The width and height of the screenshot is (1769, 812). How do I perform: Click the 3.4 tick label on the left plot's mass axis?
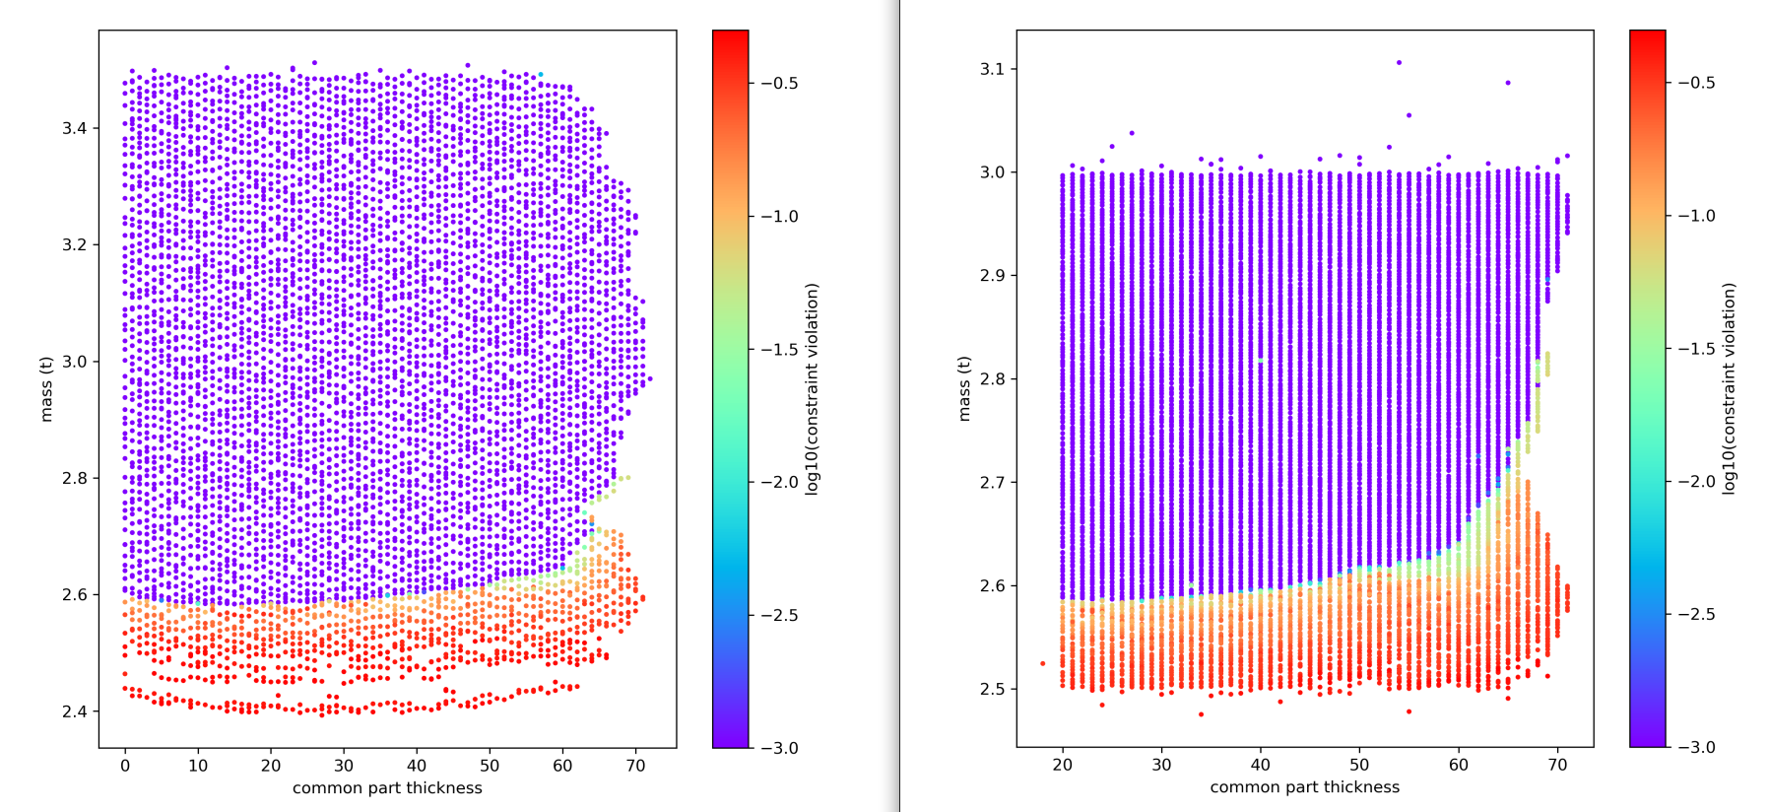pos(75,128)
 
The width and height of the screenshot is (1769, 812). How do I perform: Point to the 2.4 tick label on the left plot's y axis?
pos(75,711)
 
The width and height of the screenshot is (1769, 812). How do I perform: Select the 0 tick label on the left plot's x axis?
pos(125,765)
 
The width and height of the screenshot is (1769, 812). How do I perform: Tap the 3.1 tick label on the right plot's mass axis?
pos(992,69)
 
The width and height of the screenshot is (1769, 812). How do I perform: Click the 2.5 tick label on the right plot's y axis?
pos(992,689)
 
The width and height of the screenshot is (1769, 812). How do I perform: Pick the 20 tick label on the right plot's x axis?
pos(1063,765)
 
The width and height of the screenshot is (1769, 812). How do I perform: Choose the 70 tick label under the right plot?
pos(1557,765)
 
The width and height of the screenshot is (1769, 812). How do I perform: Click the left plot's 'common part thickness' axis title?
pos(387,788)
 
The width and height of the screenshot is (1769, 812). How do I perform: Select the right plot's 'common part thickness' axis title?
pos(1305,787)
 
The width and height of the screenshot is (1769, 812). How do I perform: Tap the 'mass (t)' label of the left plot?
pos(46,389)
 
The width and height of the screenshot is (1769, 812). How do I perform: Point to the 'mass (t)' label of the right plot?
pos(964,388)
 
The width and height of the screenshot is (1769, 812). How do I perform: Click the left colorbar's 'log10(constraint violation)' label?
pos(812,389)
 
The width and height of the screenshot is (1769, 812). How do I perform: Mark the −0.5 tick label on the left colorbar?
pos(779,84)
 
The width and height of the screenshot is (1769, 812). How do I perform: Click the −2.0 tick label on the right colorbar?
pos(1696,481)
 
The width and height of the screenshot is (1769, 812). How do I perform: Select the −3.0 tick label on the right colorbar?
pos(1696,747)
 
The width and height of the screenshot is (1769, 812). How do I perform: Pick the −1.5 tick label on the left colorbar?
pos(779,350)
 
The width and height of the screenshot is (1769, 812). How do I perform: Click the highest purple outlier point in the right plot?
pos(1399,63)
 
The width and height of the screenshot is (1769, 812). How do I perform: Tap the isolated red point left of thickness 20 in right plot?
pos(1043,663)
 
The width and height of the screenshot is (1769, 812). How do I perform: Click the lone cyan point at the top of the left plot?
pos(541,75)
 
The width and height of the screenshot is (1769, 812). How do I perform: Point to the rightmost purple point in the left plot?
pos(650,378)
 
